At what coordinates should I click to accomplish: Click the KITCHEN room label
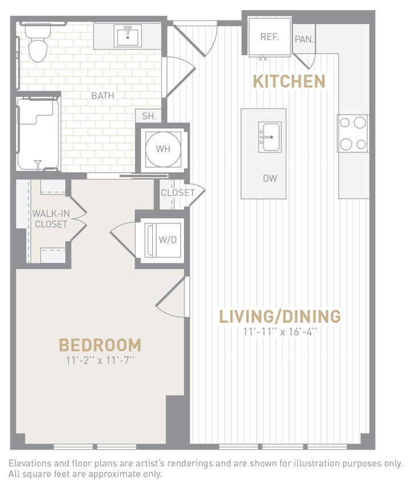pyautogui.click(x=288, y=81)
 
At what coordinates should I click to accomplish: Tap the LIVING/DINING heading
pyautogui.click(x=280, y=316)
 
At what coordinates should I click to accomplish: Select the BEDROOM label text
pyautogui.click(x=100, y=345)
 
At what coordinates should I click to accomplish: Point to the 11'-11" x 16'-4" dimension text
pyautogui.click(x=280, y=331)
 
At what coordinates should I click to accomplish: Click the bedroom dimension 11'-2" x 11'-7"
pyautogui.click(x=100, y=360)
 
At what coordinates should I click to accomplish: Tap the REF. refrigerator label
pyautogui.click(x=269, y=37)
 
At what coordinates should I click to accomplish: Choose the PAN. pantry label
pyautogui.click(x=304, y=40)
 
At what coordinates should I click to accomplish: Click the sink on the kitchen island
pyautogui.click(x=269, y=137)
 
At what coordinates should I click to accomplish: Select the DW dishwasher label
pyautogui.click(x=269, y=178)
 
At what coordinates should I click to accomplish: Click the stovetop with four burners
pyautogui.click(x=353, y=133)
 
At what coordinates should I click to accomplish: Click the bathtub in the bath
pyautogui.click(x=38, y=134)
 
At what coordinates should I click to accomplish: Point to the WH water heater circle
pyautogui.click(x=163, y=149)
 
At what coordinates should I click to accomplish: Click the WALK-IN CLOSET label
pyautogui.click(x=50, y=219)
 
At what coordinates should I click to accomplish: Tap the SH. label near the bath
pyautogui.click(x=149, y=116)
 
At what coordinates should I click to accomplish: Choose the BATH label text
pyautogui.click(x=103, y=96)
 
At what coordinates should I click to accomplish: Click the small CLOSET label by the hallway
pyautogui.click(x=177, y=193)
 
